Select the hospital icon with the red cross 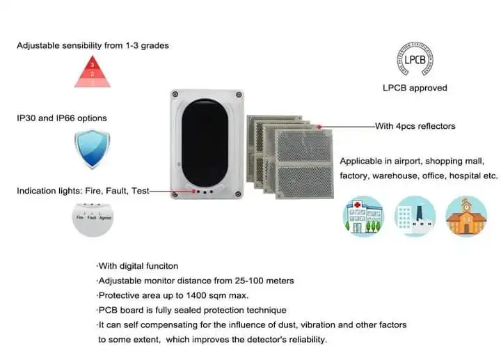363,216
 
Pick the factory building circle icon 415,216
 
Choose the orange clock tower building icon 466,216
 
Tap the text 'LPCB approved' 415,88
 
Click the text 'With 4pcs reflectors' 415,126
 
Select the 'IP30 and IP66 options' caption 62,118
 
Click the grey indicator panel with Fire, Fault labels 93,217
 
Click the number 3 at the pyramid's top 93,64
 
